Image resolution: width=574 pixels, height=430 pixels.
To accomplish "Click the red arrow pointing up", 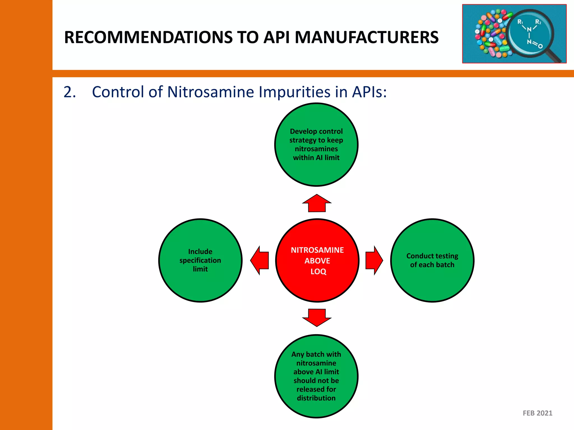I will tap(317, 204).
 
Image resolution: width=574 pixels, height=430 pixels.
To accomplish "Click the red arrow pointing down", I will tap(317, 317).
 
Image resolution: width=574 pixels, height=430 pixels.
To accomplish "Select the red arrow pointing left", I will tap(260, 260).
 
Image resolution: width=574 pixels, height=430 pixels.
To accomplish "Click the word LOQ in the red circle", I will tap(318, 272).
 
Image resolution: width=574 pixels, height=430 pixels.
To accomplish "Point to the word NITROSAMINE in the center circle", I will tap(317, 250).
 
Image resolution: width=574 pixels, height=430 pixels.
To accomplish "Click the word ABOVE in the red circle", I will tap(317, 261).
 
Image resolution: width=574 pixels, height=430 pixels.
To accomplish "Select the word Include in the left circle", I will tap(200, 251).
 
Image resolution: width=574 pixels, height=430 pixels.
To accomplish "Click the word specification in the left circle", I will tap(200, 260).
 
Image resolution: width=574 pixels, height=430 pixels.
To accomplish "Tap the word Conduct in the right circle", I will tap(419, 256).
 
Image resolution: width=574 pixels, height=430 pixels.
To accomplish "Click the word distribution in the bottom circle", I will tap(316, 398).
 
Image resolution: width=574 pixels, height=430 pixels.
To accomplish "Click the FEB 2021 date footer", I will tap(537, 413).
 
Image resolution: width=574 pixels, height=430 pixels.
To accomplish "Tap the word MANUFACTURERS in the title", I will tap(367, 37).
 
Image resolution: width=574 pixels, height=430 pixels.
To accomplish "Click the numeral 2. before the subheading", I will tap(70, 92).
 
